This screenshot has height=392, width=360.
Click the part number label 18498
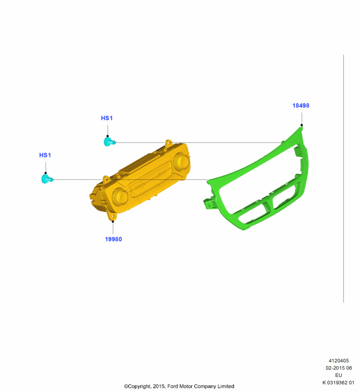tap(301, 105)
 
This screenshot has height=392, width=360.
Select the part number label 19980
tap(113, 239)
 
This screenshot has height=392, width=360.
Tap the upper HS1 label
tap(107, 118)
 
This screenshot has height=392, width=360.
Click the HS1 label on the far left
tap(45, 155)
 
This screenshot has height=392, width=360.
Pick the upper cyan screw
tap(109, 142)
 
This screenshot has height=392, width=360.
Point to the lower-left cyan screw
tap(47, 179)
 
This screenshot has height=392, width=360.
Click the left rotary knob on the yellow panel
tap(120, 196)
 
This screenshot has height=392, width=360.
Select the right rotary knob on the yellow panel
tap(181, 161)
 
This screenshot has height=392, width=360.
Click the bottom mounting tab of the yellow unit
tap(112, 216)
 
